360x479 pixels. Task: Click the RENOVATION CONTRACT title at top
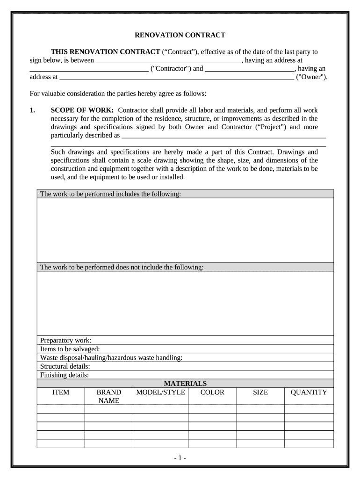pos(180,35)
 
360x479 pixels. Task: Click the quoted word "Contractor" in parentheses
pos(171,69)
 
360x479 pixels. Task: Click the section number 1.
pos(32,110)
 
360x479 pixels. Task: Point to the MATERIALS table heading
pos(185,384)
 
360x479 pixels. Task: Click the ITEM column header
pos(61,392)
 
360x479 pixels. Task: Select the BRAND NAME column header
pos(108,396)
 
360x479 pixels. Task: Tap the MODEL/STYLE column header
pos(160,392)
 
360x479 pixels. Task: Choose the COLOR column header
pos(212,392)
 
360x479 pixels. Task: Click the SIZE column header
pos(260,392)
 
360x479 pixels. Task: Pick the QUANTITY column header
pos(309,392)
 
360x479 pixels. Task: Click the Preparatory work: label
pos(66,341)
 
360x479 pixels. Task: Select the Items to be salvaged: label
pos(70,349)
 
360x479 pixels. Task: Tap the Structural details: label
pos(65,366)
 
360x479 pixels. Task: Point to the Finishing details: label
pos(65,375)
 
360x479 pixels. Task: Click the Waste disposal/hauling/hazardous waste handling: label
pos(111,358)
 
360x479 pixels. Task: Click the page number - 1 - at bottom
pos(180,458)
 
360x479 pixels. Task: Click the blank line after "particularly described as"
pos(223,137)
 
